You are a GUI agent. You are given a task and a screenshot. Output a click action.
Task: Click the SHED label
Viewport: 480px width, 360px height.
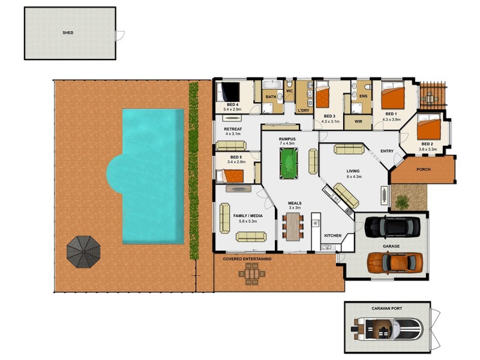click(x=68, y=33)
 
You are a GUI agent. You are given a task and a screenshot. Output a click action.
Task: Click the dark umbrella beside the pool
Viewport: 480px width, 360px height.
click(x=85, y=251)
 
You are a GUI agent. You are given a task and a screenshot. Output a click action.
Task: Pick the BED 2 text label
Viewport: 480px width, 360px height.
click(x=427, y=144)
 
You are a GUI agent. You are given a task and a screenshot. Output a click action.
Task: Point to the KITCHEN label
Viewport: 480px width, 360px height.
click(x=332, y=236)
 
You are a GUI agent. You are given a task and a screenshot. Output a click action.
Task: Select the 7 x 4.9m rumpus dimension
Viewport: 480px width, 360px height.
click(x=287, y=144)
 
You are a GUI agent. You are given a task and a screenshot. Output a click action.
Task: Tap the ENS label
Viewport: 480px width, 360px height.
click(x=363, y=96)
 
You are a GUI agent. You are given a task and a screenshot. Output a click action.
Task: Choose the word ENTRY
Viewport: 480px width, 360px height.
click(x=386, y=151)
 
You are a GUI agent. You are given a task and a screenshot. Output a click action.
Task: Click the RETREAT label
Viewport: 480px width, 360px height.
click(x=232, y=129)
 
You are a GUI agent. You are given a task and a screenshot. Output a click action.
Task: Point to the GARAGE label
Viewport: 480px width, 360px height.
click(x=391, y=247)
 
